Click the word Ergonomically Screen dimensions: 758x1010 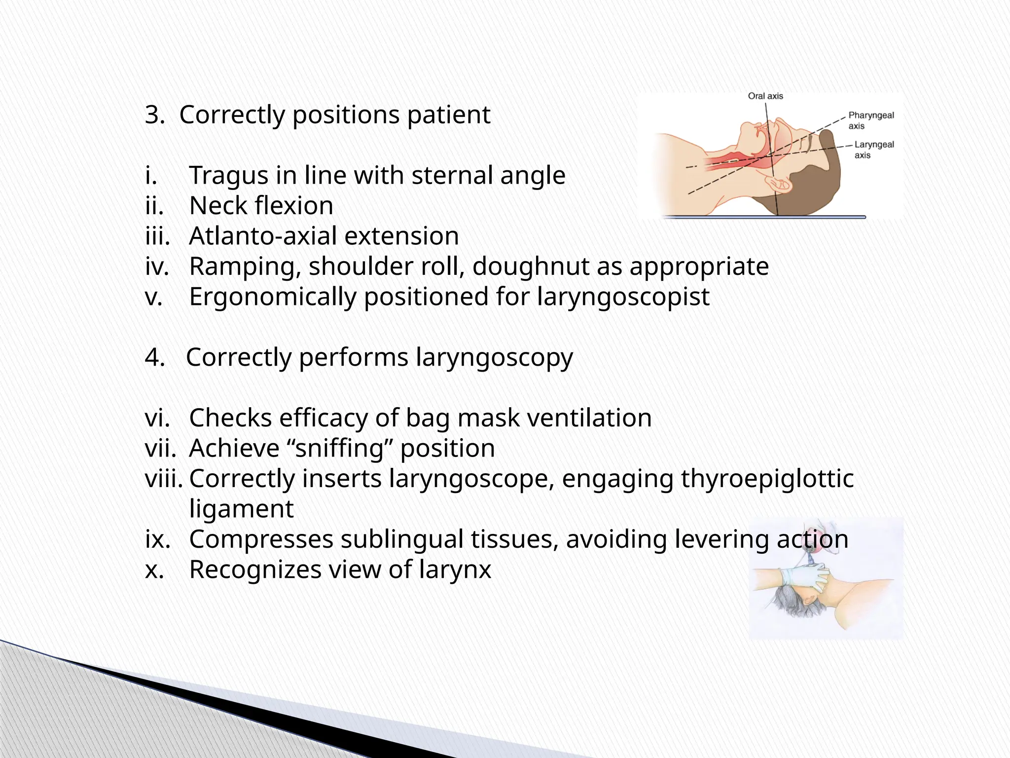tap(272, 298)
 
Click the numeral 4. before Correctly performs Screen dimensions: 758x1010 tap(155, 357)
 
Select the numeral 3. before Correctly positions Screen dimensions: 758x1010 tap(155, 115)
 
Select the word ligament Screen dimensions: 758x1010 tap(241, 509)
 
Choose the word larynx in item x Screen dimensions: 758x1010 tap(455, 570)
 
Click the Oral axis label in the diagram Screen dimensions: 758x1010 tap(765, 96)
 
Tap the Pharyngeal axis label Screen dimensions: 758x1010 tap(870, 120)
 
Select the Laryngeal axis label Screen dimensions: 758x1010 tap(873, 150)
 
